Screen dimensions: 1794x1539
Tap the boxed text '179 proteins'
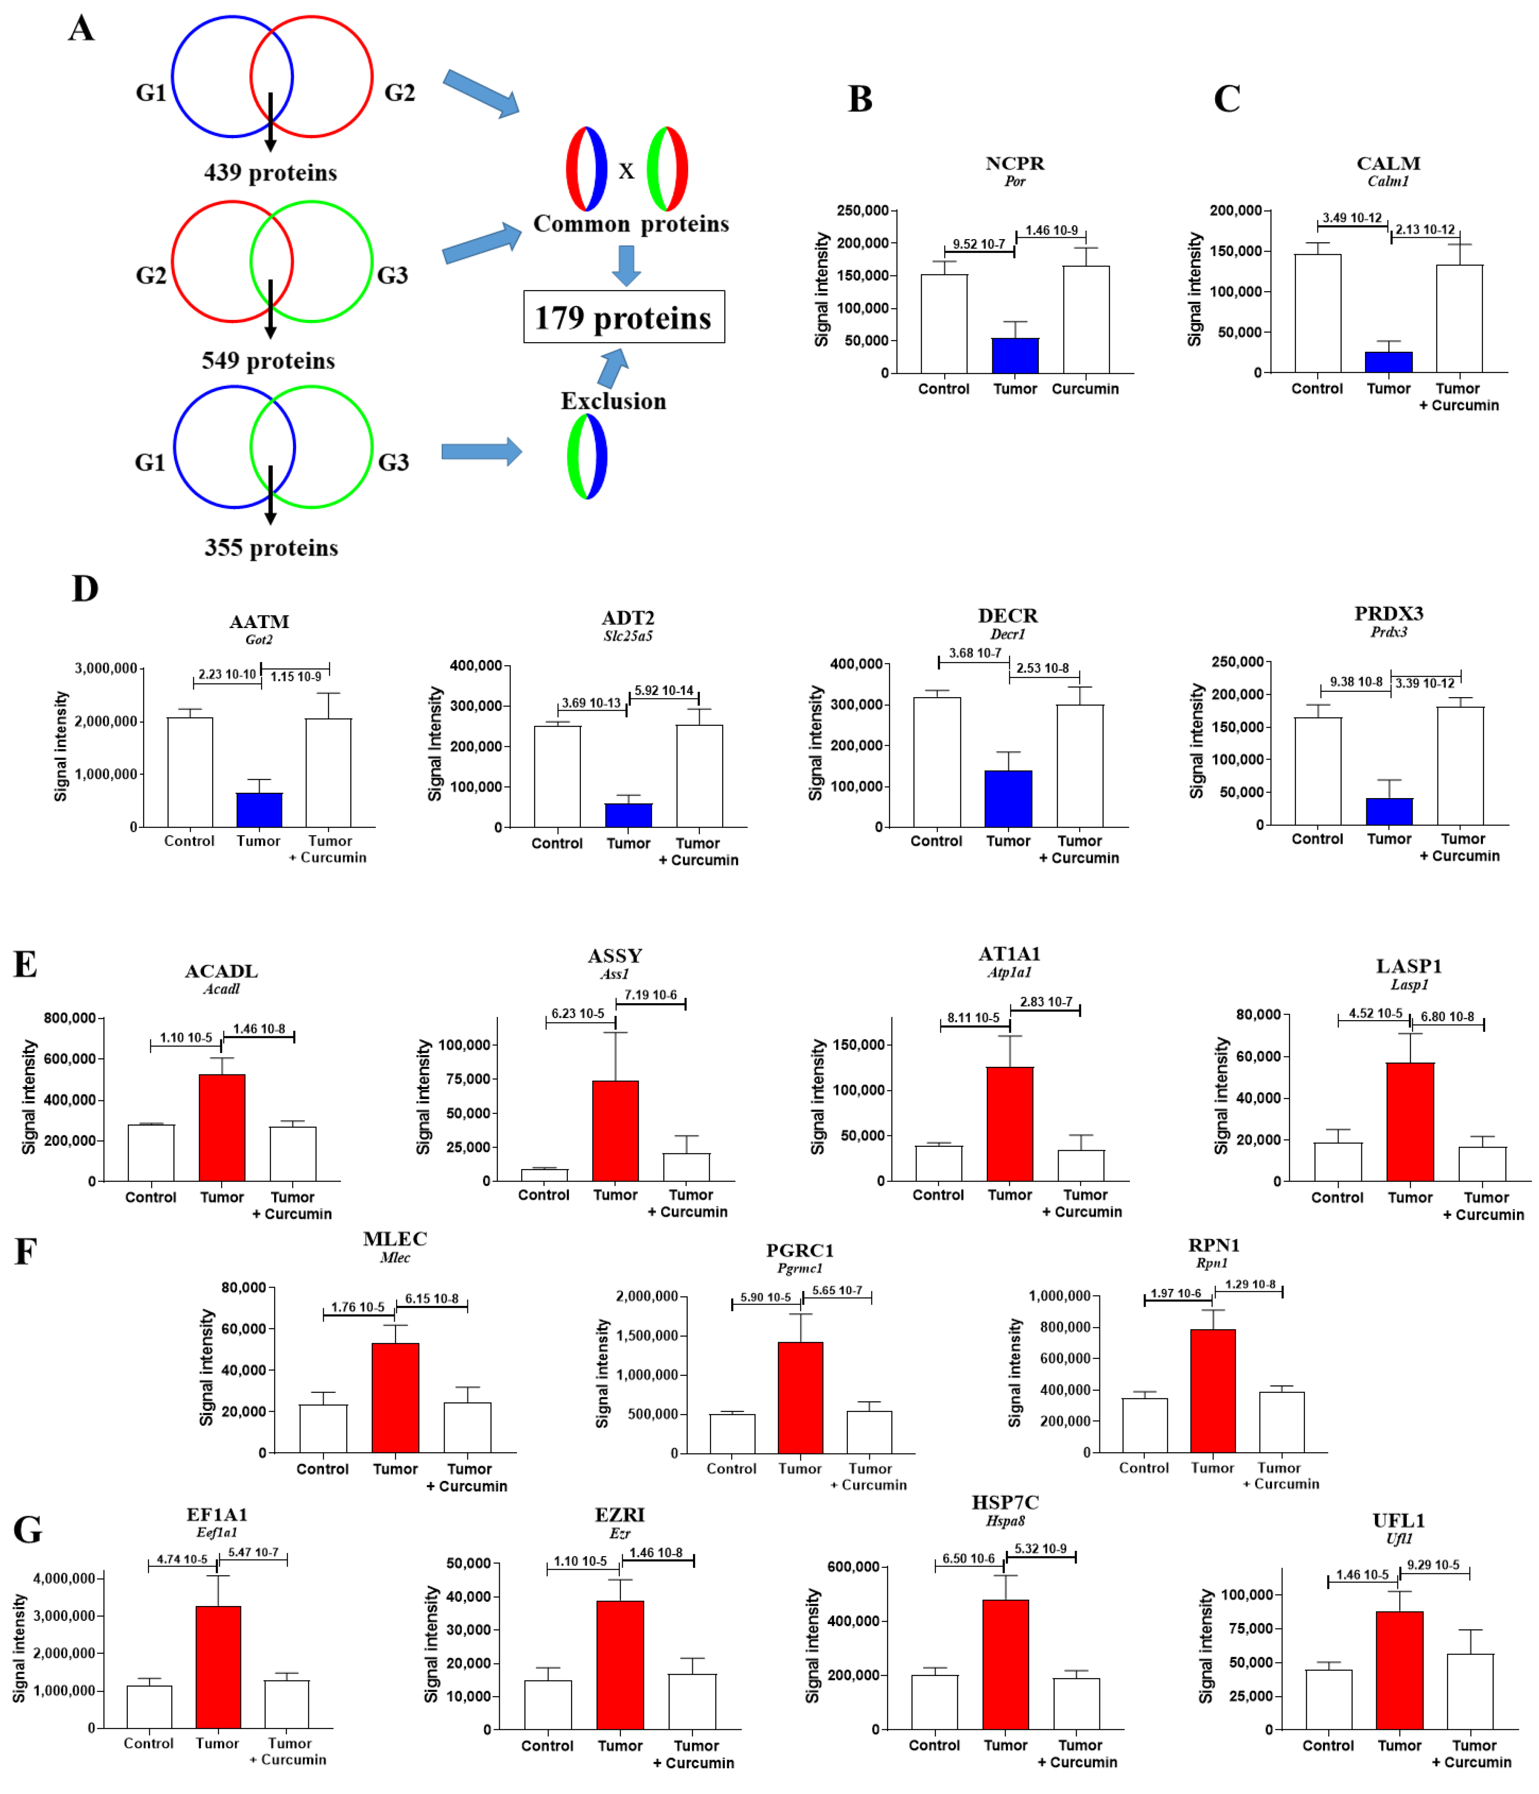(x=623, y=318)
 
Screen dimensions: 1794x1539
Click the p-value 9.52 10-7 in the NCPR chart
(x=978, y=244)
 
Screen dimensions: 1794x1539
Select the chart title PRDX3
(x=1388, y=613)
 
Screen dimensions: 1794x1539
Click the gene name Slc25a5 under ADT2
(x=628, y=636)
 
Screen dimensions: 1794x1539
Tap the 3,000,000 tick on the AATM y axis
(x=105, y=668)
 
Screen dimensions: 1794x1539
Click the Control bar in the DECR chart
(x=937, y=762)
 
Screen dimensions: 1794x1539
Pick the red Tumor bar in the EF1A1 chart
(x=218, y=1667)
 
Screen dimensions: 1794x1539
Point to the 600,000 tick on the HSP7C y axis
(x=853, y=1567)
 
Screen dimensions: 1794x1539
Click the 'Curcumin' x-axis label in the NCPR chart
(x=1085, y=389)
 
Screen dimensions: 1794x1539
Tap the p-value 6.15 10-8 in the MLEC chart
(x=431, y=1299)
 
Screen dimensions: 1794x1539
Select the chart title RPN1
(x=1213, y=1245)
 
